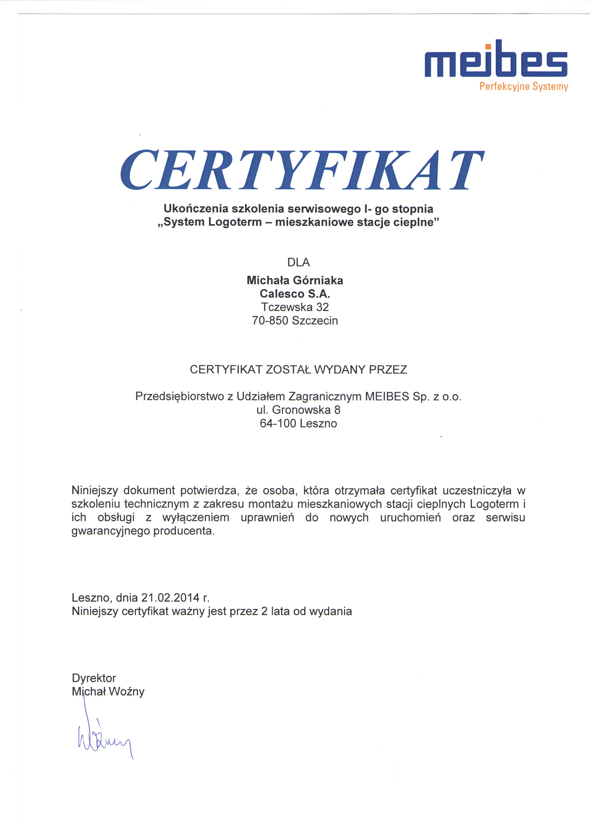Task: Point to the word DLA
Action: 299,262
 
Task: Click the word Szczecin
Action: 315,320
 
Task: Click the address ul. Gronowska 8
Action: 298,410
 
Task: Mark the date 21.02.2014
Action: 170,597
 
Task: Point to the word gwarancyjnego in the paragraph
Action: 110,531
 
